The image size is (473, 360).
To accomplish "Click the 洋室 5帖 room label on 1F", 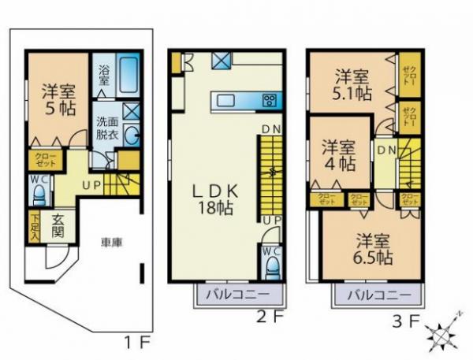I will [56, 99].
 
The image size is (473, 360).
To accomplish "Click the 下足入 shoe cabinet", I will [35, 227].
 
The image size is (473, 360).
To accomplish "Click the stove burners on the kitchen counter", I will [270, 100].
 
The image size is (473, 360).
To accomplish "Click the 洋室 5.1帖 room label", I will [352, 85].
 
